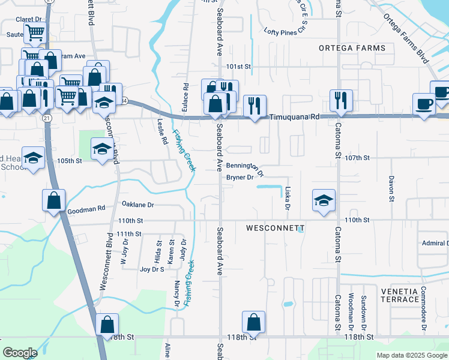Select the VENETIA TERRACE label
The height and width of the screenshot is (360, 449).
pyautogui.click(x=400, y=295)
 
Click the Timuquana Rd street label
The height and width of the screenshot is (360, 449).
pyautogui.click(x=294, y=118)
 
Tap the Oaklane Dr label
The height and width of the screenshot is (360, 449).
pyautogui.click(x=138, y=205)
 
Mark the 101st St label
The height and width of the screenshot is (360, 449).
pyautogui.click(x=238, y=66)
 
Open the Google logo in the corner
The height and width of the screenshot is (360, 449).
pyautogui.click(x=20, y=352)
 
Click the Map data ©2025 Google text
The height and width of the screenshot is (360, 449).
pyautogui.click(x=411, y=355)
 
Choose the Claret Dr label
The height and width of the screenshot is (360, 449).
pyautogui.click(x=29, y=19)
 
